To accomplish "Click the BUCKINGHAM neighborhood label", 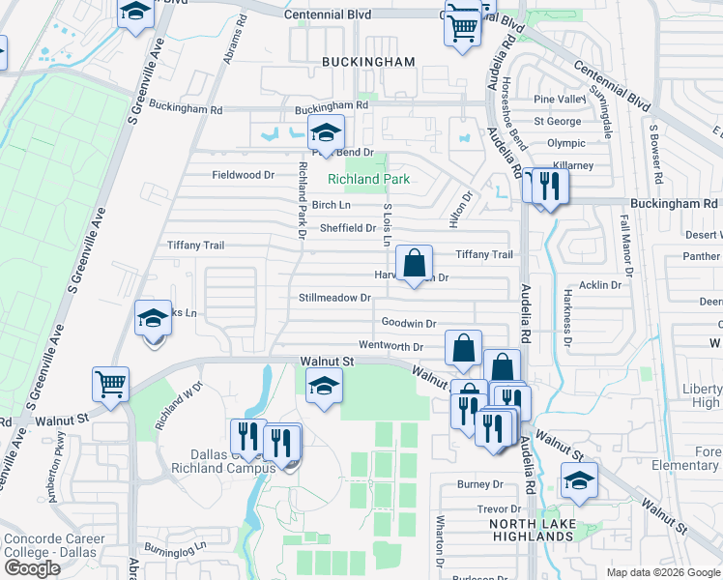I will point(368,62).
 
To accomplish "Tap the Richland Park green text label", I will point(368,179).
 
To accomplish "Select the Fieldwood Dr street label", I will point(244,175).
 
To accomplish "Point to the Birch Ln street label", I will point(331,205).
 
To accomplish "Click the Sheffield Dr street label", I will point(348,228).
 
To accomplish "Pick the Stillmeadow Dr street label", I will point(334,298).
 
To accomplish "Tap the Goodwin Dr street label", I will point(409,323).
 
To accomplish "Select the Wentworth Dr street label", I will point(391,346).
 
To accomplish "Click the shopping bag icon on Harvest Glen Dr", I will point(414,264).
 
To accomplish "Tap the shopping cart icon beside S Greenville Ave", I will point(111,383).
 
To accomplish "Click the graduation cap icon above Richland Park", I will point(327,134).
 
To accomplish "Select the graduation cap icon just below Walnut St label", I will point(324,388).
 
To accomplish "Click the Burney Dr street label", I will point(481,484).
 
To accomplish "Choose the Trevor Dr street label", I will point(498,508).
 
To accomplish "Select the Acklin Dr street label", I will point(600,285).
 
